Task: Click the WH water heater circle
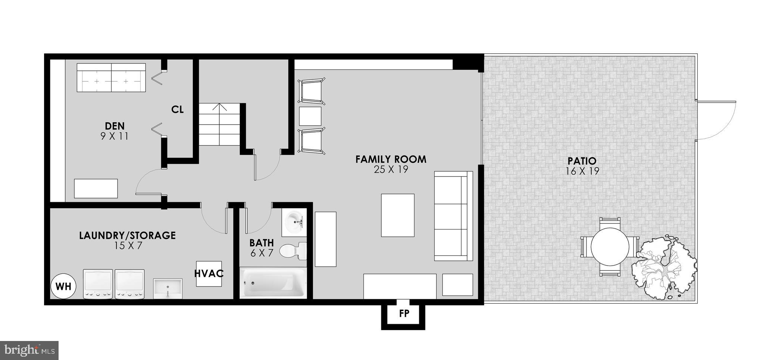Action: point(63,287)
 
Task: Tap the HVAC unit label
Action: point(209,273)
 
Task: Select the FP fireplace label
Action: point(404,314)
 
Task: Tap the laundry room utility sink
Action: point(168,288)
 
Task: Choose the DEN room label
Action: point(115,126)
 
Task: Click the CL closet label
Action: point(178,110)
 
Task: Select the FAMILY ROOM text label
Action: point(391,160)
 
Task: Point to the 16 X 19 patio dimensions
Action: point(582,171)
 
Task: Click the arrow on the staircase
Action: point(220,109)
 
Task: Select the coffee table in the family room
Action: point(398,215)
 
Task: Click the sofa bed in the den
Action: point(111,78)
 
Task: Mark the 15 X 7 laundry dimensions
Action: point(128,245)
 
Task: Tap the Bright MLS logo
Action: point(29,350)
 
